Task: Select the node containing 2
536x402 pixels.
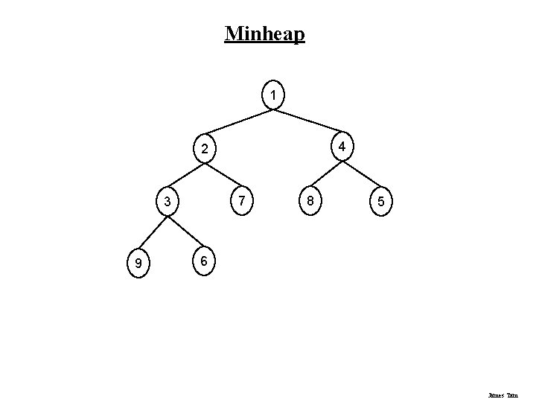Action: pyautogui.click(x=204, y=149)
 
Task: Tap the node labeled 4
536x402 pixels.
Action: pyautogui.click(x=341, y=146)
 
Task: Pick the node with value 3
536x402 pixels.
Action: pyautogui.click(x=168, y=202)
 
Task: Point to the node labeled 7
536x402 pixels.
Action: pyautogui.click(x=241, y=200)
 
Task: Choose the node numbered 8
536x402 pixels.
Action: pyautogui.click(x=309, y=201)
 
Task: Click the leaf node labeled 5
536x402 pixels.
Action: pyautogui.click(x=380, y=202)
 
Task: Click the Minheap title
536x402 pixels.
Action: pyautogui.click(x=264, y=33)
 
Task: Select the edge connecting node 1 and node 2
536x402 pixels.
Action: pyautogui.click(x=240, y=122)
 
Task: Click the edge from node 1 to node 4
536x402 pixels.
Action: pyautogui.click(x=306, y=122)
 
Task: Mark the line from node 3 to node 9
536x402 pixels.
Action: pyautogui.click(x=153, y=233)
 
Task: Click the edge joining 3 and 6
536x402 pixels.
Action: pyautogui.click(x=185, y=232)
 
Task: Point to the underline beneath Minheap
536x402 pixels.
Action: pyautogui.click(x=264, y=43)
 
